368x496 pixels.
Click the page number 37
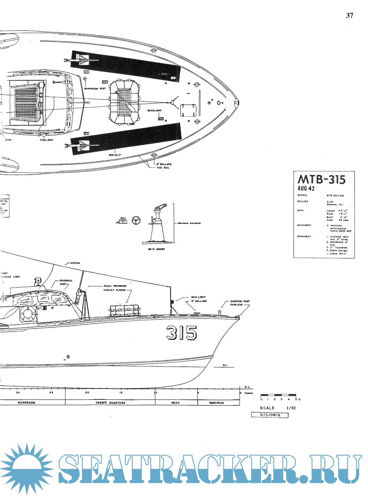click(350, 15)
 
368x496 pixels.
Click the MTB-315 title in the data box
click(321, 179)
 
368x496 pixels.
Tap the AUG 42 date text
click(306, 188)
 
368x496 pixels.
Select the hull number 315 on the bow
click(181, 333)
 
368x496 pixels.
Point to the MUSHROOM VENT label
click(95, 89)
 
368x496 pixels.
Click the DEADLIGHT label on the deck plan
click(154, 111)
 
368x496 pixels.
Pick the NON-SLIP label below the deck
click(114, 155)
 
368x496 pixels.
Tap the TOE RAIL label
click(163, 168)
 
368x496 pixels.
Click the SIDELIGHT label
click(47, 140)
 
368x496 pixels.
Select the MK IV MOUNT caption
click(156, 249)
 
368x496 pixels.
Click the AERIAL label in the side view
click(75, 263)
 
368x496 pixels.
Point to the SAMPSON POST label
click(240, 301)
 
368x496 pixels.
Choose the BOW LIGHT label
click(198, 297)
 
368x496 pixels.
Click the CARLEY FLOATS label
click(114, 290)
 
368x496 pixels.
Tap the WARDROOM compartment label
click(26, 403)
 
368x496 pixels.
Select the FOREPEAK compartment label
click(217, 403)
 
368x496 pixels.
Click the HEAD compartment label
click(175, 403)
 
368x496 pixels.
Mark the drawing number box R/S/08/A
click(270, 415)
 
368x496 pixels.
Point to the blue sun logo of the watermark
click(26, 467)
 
